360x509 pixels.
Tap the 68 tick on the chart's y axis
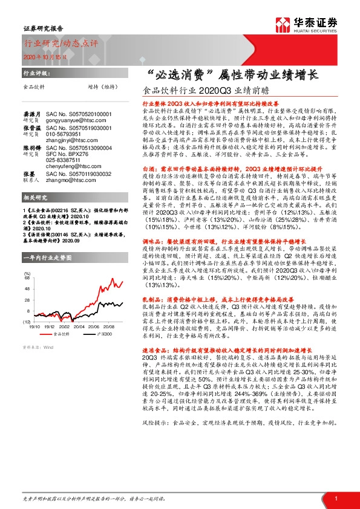[x=27, y=279]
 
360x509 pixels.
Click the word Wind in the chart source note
[x=48, y=347]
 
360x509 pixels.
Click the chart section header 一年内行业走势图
[x=47, y=258]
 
